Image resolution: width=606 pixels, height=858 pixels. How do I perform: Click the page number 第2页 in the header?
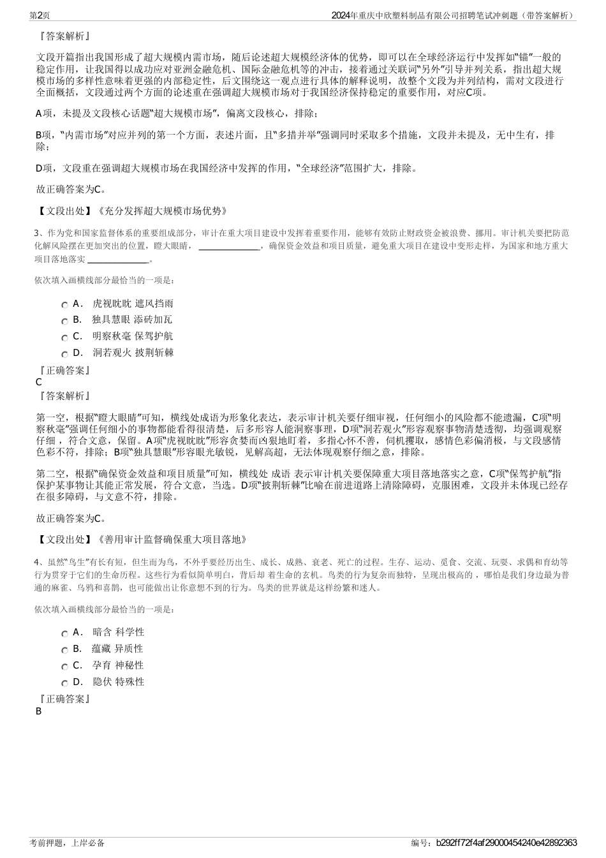pyautogui.click(x=41, y=15)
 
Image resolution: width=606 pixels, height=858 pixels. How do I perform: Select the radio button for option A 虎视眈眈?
pyautogui.click(x=64, y=306)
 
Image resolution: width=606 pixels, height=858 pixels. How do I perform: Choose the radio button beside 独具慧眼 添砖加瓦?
pyautogui.click(x=64, y=322)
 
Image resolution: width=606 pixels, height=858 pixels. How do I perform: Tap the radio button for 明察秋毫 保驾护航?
pyautogui.click(x=64, y=338)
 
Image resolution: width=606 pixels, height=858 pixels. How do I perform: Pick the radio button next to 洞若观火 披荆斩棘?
pyautogui.click(x=64, y=355)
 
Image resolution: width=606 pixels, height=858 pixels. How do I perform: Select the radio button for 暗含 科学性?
pyautogui.click(x=64, y=634)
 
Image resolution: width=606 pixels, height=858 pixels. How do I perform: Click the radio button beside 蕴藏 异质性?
pyautogui.click(x=64, y=651)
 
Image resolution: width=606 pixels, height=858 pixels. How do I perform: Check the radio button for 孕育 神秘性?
pyautogui.click(x=64, y=667)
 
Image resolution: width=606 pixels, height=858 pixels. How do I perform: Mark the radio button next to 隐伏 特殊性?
pyautogui.click(x=64, y=684)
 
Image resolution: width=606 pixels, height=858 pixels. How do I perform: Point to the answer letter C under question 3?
pyautogui.click(x=39, y=382)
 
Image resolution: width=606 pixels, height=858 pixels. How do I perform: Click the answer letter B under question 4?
pyautogui.click(x=39, y=711)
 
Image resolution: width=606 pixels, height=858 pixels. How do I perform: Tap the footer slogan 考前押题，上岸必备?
pyautogui.click(x=67, y=843)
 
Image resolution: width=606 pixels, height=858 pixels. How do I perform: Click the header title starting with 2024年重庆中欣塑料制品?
pyautogui.click(x=454, y=15)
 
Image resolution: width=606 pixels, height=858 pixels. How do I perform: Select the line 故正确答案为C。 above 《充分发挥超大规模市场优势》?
pyautogui.click(x=71, y=189)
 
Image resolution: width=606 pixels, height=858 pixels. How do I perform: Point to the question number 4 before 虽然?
pyautogui.click(x=38, y=562)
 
